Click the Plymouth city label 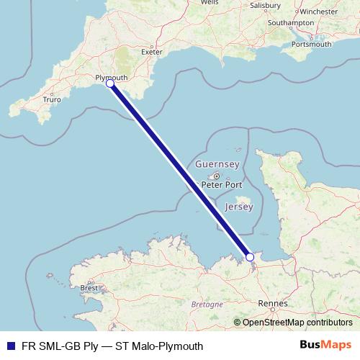point(111,77)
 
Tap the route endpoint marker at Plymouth point(110,84)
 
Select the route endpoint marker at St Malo point(250,256)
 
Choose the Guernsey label point(217,165)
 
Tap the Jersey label point(239,207)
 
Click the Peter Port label point(222,184)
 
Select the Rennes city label point(273,303)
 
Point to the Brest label point(89,288)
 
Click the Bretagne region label point(207,305)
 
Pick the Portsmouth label point(312,44)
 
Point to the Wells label point(210,3)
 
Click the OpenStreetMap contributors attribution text point(297,322)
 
